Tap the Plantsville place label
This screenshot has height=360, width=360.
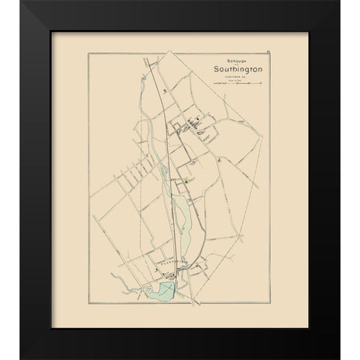click(x=172, y=265)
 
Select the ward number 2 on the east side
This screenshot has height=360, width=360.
click(x=217, y=159)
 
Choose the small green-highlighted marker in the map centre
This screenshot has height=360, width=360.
click(x=183, y=181)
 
